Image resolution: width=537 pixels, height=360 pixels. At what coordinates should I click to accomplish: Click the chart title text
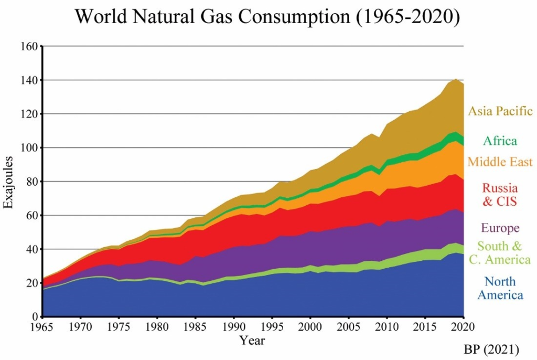(267, 17)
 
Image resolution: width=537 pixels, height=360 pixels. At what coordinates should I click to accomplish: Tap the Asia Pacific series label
(500, 111)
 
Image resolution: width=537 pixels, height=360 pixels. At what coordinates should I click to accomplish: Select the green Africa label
(500, 141)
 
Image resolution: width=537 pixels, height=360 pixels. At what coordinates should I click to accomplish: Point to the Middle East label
(500, 162)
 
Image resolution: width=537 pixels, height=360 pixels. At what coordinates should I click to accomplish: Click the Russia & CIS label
(500, 195)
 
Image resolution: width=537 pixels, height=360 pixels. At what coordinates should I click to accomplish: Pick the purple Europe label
(500, 228)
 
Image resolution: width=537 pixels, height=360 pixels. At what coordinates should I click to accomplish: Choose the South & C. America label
(500, 253)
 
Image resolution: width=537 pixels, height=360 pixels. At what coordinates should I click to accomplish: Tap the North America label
(500, 288)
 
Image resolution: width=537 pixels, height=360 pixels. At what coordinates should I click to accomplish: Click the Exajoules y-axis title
(8, 182)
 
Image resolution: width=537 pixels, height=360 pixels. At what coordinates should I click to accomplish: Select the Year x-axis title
(252, 341)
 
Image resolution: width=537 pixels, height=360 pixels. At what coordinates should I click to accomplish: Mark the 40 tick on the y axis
(30, 249)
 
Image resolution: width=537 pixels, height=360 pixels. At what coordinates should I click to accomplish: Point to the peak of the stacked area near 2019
(456, 79)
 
